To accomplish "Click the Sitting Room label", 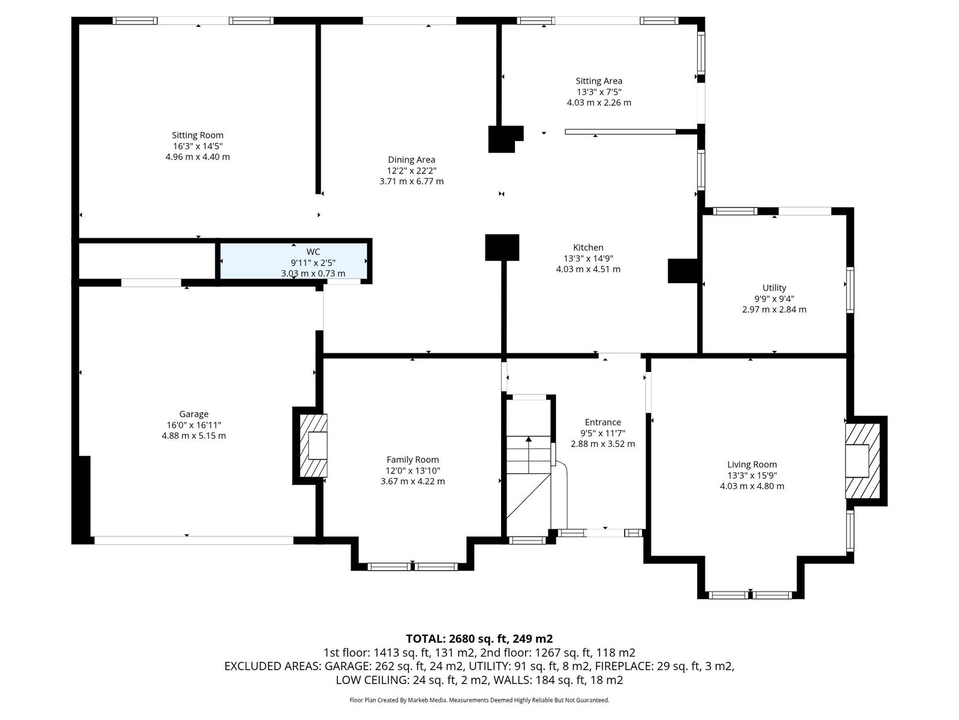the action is pos(197,135).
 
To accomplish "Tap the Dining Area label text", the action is pos(412,160).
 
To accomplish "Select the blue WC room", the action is pos(293,261).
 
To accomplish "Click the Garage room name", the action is pos(194,414).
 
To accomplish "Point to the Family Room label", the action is pos(412,460).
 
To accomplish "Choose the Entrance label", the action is pos(603,422).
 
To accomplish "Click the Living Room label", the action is pos(752,464).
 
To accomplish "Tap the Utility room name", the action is pos(774,287).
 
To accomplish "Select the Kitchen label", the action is pos(588,247).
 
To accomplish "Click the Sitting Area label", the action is pos(599,81).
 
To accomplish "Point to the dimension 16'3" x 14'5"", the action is pos(197,146).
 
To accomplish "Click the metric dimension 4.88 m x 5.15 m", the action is pos(194,436).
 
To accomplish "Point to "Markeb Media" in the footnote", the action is pos(427,700).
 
